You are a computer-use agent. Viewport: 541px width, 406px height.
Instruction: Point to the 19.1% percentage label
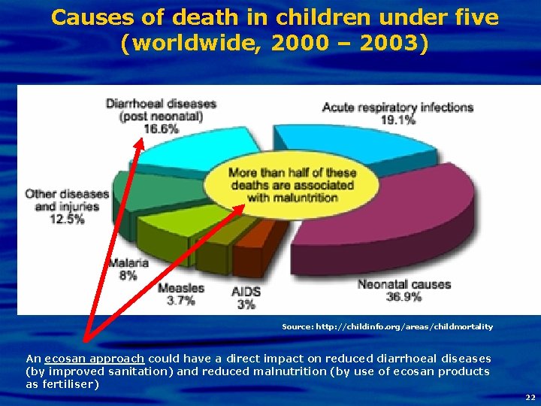399,119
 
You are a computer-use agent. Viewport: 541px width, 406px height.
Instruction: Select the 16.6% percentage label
161,129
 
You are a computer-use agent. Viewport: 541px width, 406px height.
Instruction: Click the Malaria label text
128,262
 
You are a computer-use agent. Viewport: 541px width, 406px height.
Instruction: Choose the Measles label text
180,288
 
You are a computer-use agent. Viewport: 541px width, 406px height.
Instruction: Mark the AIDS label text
246,292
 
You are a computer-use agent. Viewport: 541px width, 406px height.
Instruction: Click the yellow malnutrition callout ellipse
292,185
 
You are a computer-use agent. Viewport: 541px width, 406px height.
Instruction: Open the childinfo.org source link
387,326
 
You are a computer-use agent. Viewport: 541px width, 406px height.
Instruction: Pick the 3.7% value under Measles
180,301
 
